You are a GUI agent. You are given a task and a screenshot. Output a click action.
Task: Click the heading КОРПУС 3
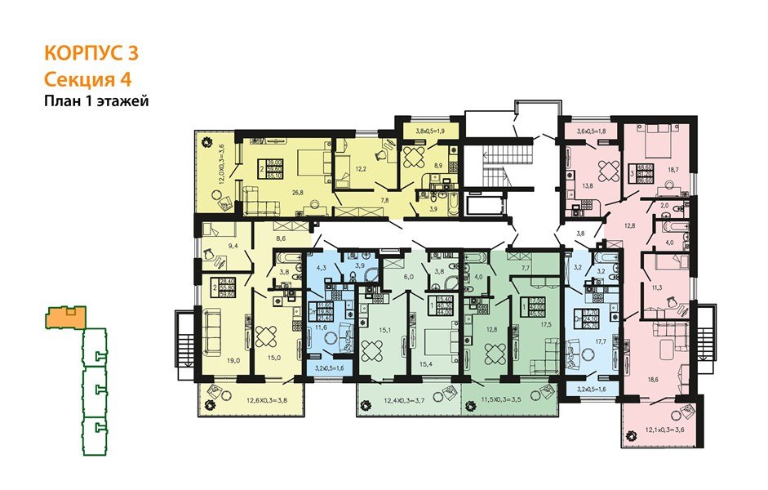click(90, 54)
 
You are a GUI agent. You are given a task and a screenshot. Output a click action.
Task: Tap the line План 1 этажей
click(95, 101)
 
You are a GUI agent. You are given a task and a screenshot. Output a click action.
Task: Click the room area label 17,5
click(545, 325)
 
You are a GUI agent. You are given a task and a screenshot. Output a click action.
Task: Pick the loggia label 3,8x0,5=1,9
click(428, 130)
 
